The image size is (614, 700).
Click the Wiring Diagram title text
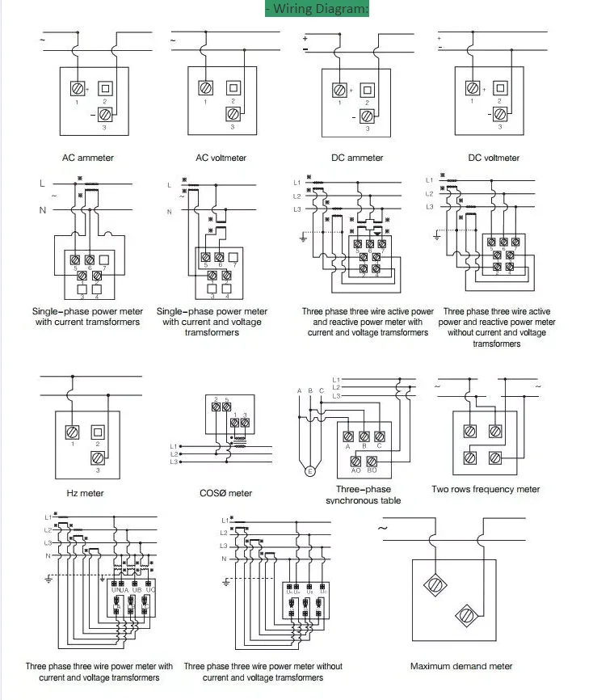[x=318, y=9]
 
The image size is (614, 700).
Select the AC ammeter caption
[x=88, y=158]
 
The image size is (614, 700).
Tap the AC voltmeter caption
[x=221, y=158]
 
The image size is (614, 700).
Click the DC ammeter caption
[x=357, y=158]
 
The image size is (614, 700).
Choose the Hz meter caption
[x=85, y=493]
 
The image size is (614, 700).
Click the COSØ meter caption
[x=225, y=493]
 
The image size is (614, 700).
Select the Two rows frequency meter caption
[x=486, y=489]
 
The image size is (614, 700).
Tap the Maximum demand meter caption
[x=461, y=666]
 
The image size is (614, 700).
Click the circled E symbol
[x=308, y=471]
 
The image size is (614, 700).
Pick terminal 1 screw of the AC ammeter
[x=78, y=88]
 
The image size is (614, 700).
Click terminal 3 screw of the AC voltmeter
[x=233, y=114]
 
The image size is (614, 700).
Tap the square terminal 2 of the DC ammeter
[x=368, y=90]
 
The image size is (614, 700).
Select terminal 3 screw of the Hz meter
[x=97, y=458]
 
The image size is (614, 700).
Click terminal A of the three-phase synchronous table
[x=347, y=436]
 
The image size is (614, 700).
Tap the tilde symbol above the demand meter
[x=383, y=528]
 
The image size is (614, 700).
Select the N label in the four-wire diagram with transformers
[x=48, y=556]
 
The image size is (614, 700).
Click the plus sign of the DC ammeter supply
[x=305, y=37]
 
